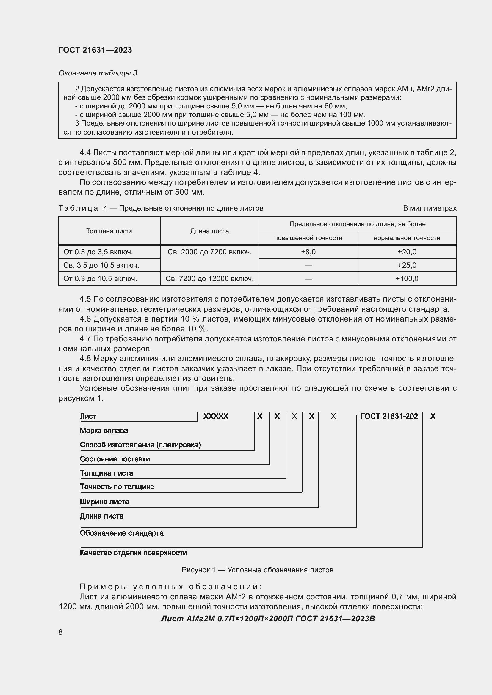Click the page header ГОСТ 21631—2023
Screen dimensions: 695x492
coord(95,50)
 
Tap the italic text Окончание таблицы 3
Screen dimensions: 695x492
coord(98,73)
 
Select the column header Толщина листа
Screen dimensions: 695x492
coord(109,231)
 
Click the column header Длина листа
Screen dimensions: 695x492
coord(209,231)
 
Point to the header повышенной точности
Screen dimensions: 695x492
coord(308,238)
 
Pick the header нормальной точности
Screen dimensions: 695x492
coord(407,238)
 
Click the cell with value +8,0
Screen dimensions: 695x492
coord(308,252)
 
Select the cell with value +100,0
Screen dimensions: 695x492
coord(407,278)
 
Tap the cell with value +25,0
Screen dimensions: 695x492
coord(407,265)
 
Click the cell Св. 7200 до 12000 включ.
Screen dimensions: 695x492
coord(209,278)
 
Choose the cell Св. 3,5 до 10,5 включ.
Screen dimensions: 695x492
coord(101,265)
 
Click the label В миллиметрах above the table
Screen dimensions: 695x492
coord(429,208)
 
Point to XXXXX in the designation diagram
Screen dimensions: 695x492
coord(216,416)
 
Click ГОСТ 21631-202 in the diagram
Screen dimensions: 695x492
coord(389,416)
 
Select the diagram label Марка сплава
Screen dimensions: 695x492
coord(104,431)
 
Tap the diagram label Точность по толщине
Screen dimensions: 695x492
coord(117,486)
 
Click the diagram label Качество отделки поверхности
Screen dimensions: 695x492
coord(133,553)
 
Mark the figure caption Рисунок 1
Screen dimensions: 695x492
coord(257,570)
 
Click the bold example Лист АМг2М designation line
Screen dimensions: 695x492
coord(268,618)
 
